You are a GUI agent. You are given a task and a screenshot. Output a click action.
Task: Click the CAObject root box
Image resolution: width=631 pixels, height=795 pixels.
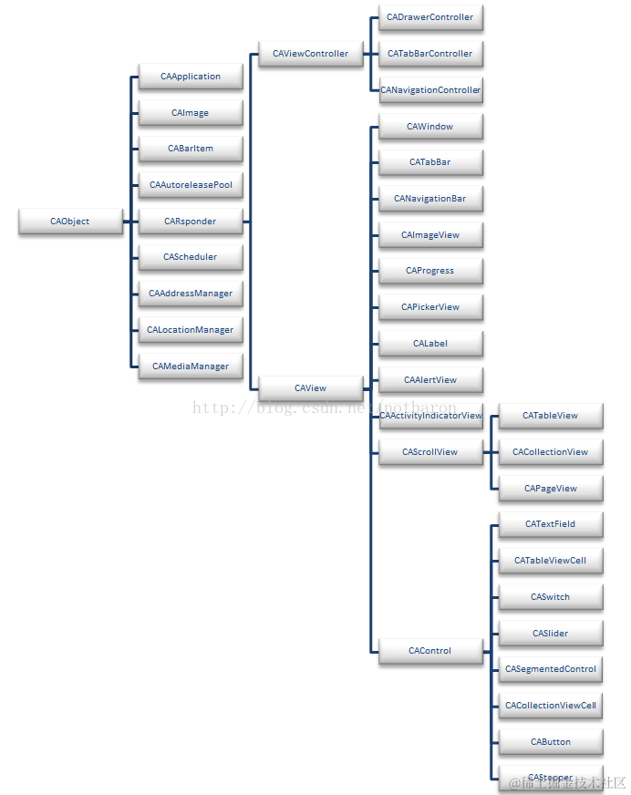(x=70, y=222)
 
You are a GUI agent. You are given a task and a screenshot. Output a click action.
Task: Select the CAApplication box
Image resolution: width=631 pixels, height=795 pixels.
(x=191, y=77)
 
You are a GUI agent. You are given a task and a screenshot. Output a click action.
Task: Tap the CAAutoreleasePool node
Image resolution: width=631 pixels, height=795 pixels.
(x=191, y=185)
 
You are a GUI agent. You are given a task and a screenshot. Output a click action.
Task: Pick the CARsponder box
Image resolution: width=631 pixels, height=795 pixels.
(x=191, y=222)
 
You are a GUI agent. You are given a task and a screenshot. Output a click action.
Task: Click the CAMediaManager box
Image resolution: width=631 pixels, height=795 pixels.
(x=191, y=367)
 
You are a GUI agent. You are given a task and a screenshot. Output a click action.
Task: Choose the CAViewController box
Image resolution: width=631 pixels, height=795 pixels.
(x=310, y=54)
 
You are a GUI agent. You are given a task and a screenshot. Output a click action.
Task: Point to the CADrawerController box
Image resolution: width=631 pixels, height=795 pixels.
(x=429, y=17)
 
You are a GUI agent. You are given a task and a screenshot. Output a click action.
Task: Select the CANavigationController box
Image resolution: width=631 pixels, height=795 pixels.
(x=429, y=90)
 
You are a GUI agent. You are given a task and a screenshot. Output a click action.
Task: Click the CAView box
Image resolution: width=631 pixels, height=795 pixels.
(x=310, y=388)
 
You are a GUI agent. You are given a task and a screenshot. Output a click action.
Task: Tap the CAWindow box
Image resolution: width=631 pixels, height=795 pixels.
(x=429, y=127)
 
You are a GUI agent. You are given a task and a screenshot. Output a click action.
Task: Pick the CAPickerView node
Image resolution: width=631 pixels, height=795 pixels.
(x=429, y=307)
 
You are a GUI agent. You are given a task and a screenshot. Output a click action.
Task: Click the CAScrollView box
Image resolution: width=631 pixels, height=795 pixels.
(x=429, y=451)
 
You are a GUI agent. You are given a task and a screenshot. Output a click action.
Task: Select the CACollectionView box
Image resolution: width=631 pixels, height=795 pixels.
(x=550, y=451)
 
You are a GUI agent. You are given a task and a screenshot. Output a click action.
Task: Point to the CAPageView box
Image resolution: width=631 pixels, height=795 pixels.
(x=550, y=489)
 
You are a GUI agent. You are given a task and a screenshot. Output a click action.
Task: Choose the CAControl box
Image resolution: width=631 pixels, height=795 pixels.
(x=429, y=651)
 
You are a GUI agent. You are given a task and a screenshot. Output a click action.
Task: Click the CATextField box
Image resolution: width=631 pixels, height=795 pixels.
(x=550, y=524)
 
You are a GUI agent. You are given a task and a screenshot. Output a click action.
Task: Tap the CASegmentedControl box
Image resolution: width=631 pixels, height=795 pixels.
(x=550, y=669)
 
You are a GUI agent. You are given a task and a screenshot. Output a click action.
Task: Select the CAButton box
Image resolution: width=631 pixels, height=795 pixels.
(x=550, y=742)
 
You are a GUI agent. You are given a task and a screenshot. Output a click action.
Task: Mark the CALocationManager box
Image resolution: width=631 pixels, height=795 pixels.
(x=191, y=330)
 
